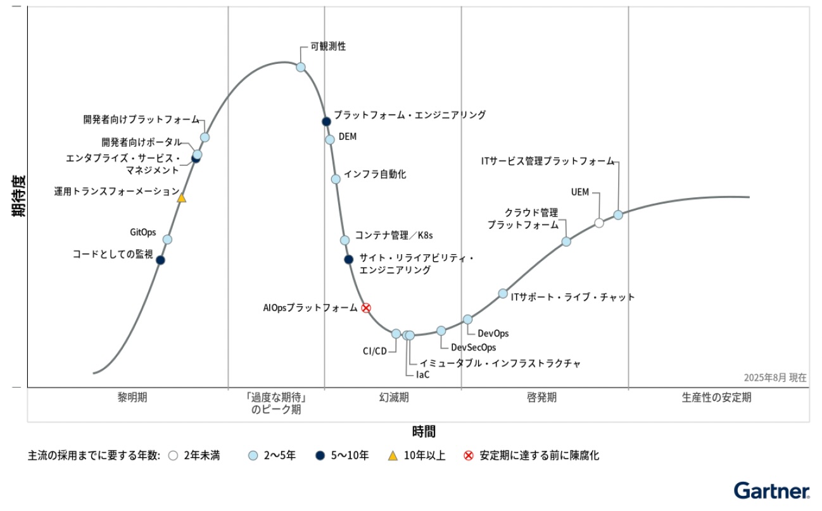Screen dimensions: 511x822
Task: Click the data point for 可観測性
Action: point(301,67)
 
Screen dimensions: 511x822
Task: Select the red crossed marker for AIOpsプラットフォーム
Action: point(366,308)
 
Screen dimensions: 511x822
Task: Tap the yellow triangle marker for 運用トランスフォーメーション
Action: point(182,198)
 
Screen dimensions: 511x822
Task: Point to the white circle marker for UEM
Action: point(599,223)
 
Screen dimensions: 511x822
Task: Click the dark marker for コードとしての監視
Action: point(160,260)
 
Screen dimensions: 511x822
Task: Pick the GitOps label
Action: point(143,232)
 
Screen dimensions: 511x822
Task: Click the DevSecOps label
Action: point(474,347)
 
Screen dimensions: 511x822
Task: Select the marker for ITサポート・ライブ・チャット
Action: point(503,293)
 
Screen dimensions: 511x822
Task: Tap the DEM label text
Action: point(348,137)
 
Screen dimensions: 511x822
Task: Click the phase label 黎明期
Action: point(132,398)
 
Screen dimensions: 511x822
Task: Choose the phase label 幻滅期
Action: point(394,398)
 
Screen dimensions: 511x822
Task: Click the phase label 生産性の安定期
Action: point(717,398)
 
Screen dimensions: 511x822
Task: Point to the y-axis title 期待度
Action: point(18,196)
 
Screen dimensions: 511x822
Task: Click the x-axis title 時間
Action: point(424,432)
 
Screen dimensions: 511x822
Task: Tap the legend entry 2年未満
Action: point(201,455)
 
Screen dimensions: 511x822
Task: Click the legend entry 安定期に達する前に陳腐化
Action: point(539,455)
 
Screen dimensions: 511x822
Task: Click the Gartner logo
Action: point(771,490)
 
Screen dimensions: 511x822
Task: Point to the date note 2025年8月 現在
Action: point(775,378)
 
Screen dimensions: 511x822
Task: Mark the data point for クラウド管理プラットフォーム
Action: point(566,242)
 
